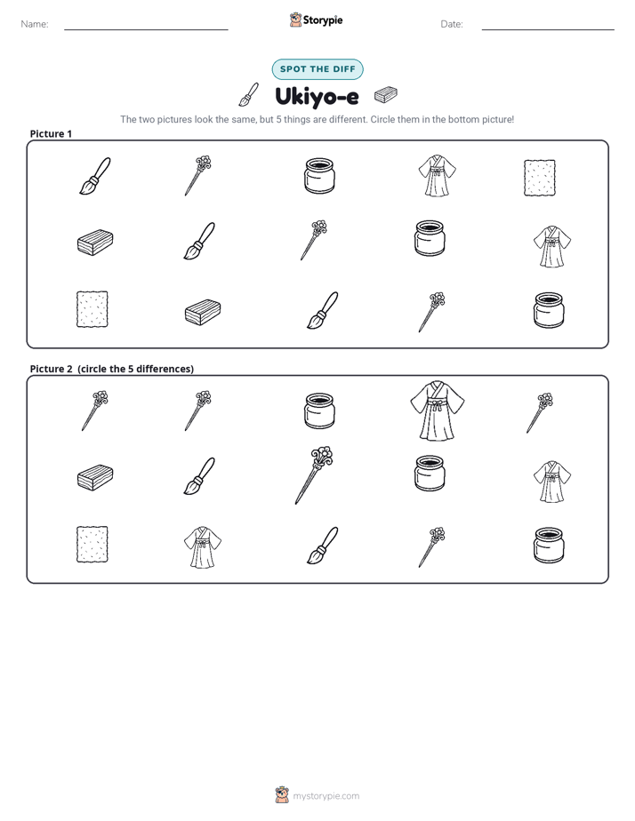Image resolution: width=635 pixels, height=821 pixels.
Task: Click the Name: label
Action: click(35, 24)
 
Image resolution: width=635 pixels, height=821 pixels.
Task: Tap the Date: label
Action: click(452, 24)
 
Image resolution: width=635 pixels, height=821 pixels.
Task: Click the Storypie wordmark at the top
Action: click(323, 20)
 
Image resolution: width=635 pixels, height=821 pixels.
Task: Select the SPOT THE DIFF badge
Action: click(317, 69)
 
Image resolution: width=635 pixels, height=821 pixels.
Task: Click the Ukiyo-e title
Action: click(317, 97)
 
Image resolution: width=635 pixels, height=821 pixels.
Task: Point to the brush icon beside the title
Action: click(249, 94)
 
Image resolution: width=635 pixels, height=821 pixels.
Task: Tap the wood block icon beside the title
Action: click(386, 95)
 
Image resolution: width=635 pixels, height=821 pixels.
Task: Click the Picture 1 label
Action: click(51, 133)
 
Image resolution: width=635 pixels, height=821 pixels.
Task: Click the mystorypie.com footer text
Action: click(326, 796)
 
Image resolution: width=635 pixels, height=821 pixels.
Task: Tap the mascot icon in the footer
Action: click(282, 795)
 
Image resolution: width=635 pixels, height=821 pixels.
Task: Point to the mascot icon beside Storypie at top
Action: click(295, 20)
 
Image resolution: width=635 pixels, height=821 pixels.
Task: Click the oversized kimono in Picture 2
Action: click(437, 410)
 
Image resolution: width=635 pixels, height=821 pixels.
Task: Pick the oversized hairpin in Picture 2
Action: click(313, 474)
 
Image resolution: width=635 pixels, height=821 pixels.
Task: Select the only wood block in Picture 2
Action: click(95, 477)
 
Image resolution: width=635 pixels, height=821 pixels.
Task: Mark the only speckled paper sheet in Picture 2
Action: click(92, 545)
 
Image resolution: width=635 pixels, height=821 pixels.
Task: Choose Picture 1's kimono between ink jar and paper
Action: click(437, 175)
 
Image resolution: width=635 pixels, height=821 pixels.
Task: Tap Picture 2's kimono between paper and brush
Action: click(202, 547)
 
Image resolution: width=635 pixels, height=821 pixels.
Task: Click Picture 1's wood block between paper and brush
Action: click(203, 312)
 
